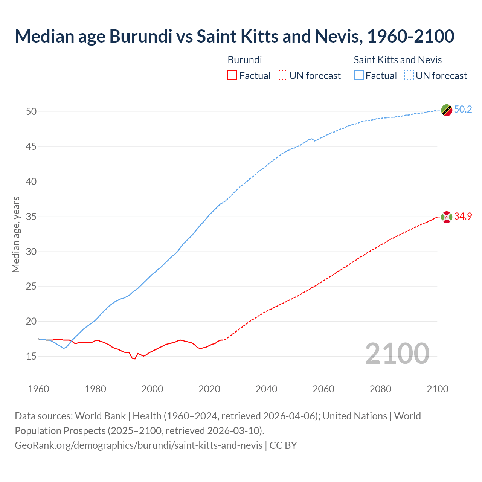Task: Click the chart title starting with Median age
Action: click(x=234, y=36)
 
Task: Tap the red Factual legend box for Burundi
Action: click(x=232, y=76)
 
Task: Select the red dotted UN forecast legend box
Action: click(x=282, y=76)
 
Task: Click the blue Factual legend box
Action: click(x=358, y=76)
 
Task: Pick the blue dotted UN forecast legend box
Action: click(x=409, y=76)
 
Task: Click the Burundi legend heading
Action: click(x=245, y=60)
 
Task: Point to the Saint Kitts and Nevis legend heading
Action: click(x=398, y=60)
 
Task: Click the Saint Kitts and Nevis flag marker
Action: click(x=447, y=110)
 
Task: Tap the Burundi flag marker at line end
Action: click(x=447, y=217)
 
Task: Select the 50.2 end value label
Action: click(x=463, y=110)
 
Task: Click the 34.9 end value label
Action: click(x=463, y=217)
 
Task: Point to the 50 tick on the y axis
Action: click(x=31, y=112)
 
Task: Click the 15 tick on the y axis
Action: click(x=31, y=356)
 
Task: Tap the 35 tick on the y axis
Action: click(x=31, y=217)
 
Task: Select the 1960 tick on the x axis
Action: click(x=38, y=389)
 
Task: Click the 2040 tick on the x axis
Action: click(x=266, y=389)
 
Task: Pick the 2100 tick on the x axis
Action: click(x=438, y=389)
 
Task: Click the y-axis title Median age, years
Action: click(x=16, y=234)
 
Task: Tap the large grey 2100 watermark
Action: click(x=397, y=353)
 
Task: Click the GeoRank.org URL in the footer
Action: click(x=139, y=445)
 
